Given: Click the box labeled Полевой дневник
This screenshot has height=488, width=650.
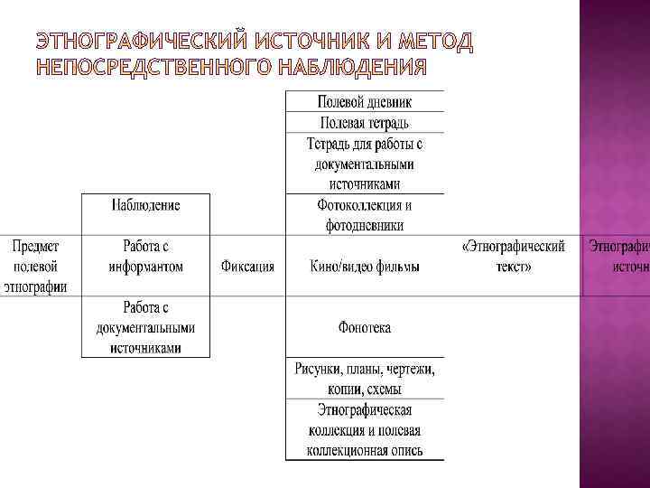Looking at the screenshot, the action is (365, 101).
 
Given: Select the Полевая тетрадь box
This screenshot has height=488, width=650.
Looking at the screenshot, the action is (365, 122).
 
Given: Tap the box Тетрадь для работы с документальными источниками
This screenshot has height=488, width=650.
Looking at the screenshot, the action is (365, 164).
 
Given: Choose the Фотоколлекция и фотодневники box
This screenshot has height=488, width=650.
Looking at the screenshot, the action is (365, 216).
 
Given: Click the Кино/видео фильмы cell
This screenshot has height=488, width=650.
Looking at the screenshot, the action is (365, 267).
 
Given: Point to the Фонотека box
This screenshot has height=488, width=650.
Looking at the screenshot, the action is (365, 327).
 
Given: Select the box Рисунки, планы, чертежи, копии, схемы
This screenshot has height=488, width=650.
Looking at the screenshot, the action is (365, 379).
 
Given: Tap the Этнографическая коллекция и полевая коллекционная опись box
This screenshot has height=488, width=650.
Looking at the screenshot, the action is (365, 429).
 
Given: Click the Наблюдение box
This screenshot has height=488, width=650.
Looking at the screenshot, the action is (146, 206).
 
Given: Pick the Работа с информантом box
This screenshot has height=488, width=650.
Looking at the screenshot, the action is (146, 256).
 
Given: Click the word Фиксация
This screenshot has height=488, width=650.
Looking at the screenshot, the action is (247, 267).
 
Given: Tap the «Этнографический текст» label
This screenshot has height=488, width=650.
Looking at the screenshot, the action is (514, 256).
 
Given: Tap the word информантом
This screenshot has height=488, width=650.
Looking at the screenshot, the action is (146, 267).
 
